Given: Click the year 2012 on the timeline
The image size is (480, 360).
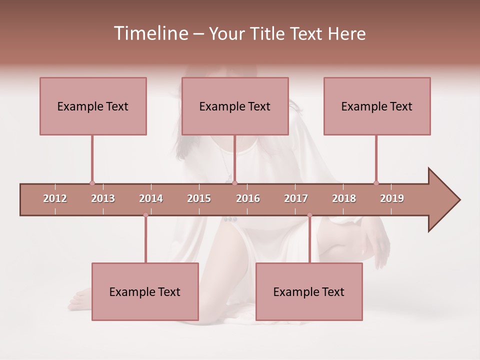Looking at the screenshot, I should point(55,198).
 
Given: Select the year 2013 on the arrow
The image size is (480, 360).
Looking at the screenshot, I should point(103,198).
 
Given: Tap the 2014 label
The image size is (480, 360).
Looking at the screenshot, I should point(151,198).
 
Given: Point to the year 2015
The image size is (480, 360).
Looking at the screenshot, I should point(199,198).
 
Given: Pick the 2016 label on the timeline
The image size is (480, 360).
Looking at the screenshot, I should point(248,198).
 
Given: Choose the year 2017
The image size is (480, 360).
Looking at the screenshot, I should point(296,198).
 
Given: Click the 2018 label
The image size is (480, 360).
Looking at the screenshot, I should point(344,198).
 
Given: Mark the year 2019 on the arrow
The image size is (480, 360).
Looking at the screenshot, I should point(392,198).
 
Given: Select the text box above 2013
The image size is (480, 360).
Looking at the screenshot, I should point(93,106).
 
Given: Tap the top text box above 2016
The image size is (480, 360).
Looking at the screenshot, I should point(235,106).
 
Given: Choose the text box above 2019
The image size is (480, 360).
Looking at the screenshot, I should point(377,106).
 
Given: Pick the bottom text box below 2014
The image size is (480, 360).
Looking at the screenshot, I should point(145,291).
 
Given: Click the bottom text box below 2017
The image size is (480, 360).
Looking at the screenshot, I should point(309,291).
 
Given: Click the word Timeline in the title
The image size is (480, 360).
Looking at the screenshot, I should point(150,33).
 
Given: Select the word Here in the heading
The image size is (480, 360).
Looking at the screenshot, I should point(346,33).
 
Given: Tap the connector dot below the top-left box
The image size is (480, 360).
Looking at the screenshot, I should point(92,183).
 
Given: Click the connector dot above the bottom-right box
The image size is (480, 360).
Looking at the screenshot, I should point(309,215).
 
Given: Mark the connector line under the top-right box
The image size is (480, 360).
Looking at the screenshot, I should point(376,157).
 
